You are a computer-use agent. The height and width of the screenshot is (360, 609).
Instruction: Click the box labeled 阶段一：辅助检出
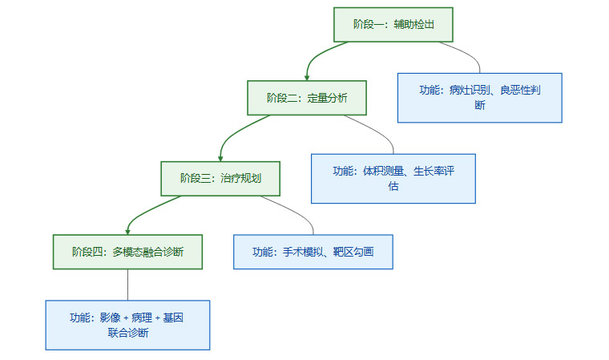[393, 25]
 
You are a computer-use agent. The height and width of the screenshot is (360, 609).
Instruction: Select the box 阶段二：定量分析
[307, 98]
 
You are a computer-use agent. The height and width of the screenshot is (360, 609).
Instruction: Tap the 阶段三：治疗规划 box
[220, 179]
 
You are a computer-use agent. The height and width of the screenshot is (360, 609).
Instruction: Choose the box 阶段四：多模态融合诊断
[127, 252]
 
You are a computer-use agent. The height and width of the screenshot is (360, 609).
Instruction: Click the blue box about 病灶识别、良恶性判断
[479, 98]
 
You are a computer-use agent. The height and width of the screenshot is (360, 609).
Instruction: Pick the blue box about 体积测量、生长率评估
[393, 178]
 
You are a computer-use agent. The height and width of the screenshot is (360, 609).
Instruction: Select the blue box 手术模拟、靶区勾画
[313, 252]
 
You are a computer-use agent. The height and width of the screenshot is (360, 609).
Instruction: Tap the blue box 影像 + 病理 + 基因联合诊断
[127, 325]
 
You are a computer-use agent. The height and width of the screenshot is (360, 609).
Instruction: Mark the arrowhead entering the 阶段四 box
[128, 230]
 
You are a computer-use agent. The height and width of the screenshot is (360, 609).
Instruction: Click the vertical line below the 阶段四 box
[127, 285]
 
